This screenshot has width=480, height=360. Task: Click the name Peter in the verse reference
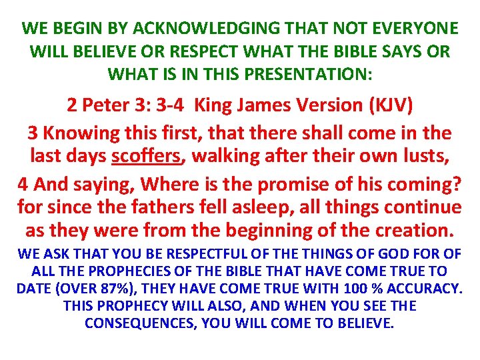click(x=104, y=105)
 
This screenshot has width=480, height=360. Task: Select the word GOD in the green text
click(x=390, y=254)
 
